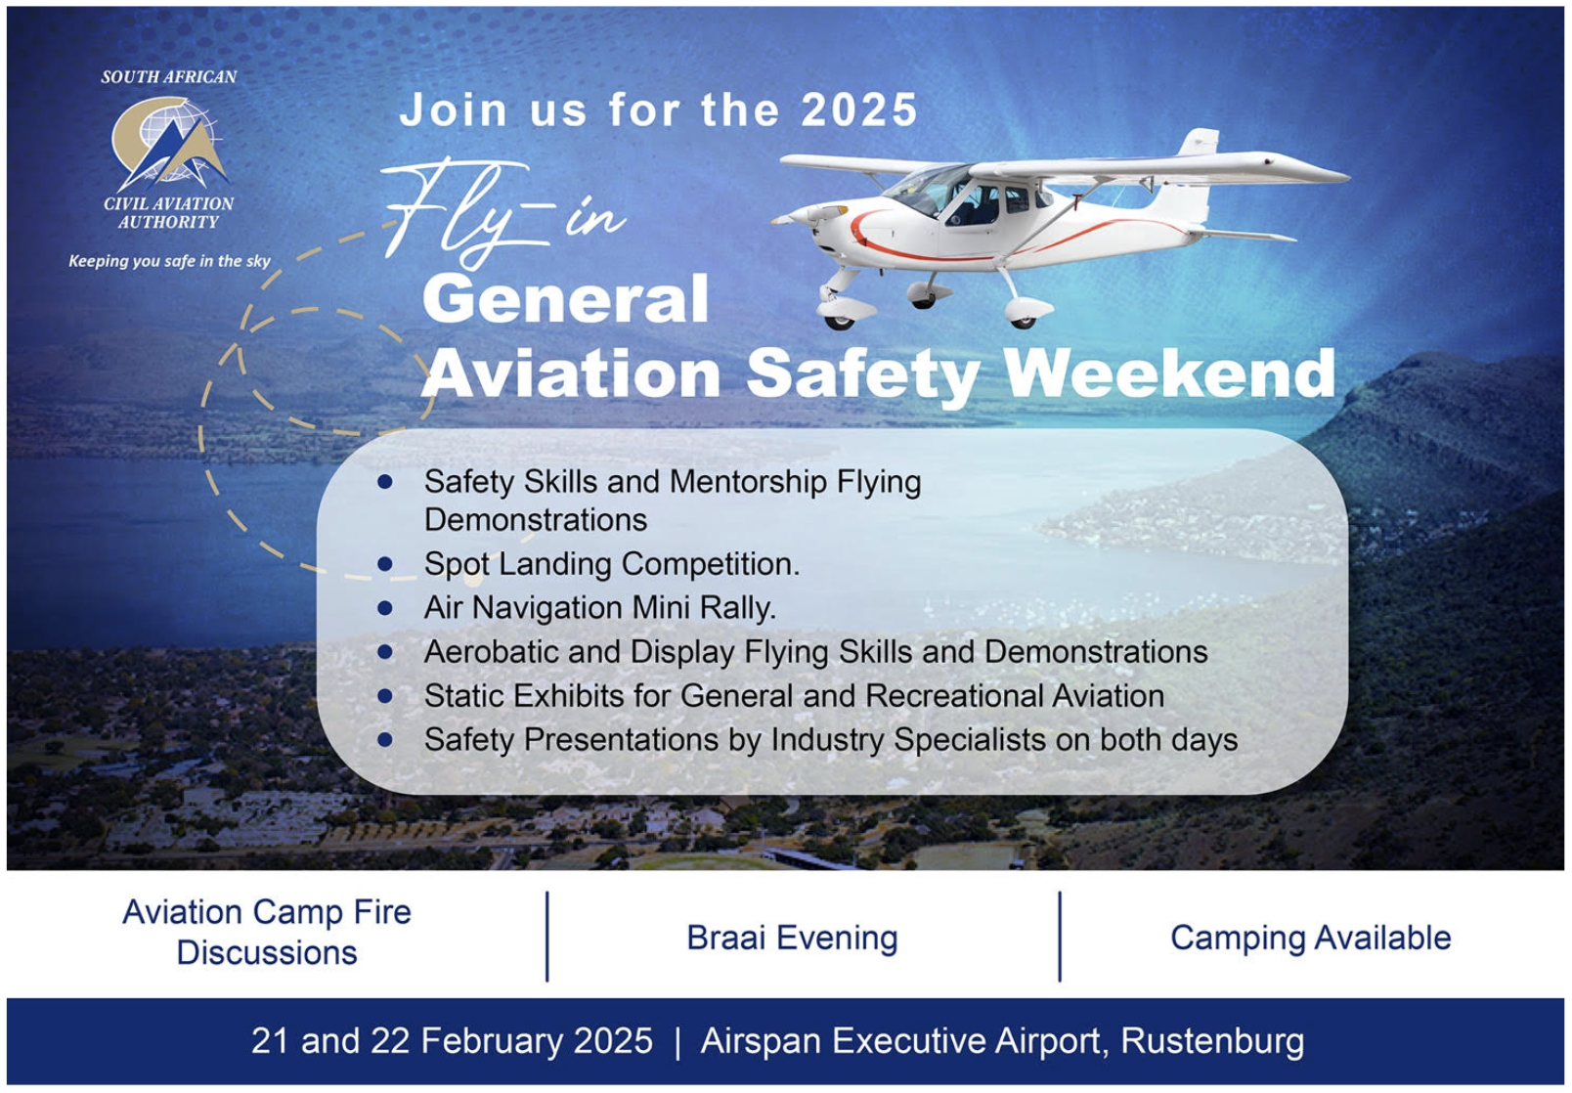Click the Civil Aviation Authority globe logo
point(169,144)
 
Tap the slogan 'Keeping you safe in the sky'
point(169,261)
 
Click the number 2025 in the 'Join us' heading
point(859,110)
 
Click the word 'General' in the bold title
point(566,299)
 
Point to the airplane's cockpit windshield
point(928,189)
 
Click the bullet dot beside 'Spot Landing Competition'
point(384,564)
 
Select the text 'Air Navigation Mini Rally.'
point(600,608)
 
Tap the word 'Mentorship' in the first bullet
point(748,483)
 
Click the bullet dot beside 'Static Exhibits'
point(384,696)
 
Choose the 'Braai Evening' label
point(792,938)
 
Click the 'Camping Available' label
point(1310,938)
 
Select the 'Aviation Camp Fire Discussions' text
point(267,933)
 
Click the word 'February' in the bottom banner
point(491,1041)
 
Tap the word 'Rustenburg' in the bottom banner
point(1212,1041)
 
